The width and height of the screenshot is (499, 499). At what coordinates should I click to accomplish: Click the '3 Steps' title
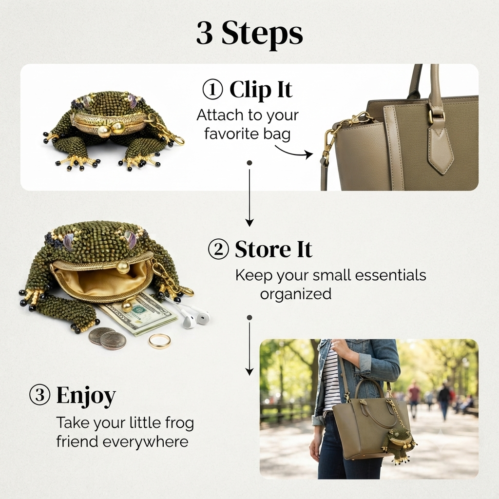(x=249, y=34)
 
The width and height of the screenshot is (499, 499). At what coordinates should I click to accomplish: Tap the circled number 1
(x=212, y=90)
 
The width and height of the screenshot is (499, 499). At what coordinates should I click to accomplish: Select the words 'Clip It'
(x=261, y=90)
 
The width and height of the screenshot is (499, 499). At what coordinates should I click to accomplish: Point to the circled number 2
(x=218, y=249)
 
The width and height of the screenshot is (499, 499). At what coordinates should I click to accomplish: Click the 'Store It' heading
(x=273, y=249)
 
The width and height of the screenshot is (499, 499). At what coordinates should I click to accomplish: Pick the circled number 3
(x=40, y=395)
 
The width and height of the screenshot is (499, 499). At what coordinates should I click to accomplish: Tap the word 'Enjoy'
(x=86, y=396)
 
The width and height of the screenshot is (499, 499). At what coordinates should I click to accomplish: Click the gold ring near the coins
(x=159, y=341)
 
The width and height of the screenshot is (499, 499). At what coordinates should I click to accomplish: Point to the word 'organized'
(x=296, y=294)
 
